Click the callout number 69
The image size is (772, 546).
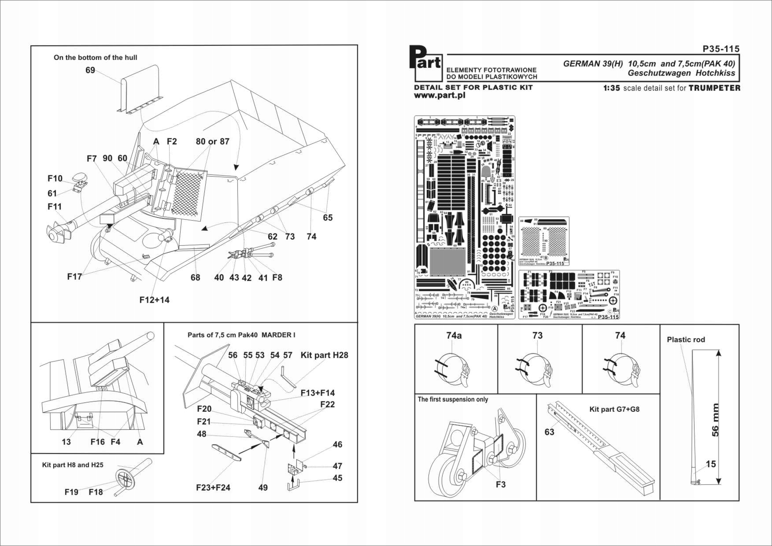point(90,70)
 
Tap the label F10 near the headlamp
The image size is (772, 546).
point(55,178)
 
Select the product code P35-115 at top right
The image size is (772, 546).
point(721,49)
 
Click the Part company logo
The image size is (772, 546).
point(425,62)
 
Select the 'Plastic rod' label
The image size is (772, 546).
point(685,339)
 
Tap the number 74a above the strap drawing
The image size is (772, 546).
point(454,336)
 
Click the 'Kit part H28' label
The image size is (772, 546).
point(324,355)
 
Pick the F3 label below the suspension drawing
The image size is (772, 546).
point(500,484)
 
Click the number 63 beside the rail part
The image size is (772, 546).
point(549,432)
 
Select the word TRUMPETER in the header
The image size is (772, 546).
point(714,88)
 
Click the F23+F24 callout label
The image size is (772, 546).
point(213,487)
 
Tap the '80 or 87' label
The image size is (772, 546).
point(212,141)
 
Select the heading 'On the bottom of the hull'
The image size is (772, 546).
point(95,58)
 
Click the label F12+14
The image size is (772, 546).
point(154,300)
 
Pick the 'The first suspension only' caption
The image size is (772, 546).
point(453,399)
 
